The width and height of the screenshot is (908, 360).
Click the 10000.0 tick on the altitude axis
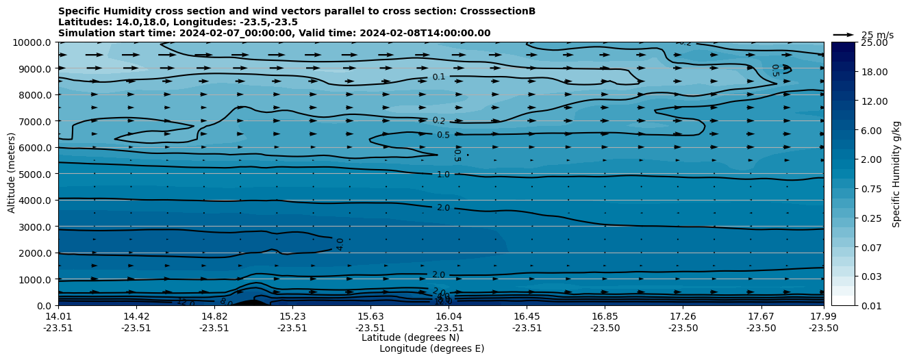tap(34, 42)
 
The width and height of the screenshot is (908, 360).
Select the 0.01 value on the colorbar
tap(871, 305)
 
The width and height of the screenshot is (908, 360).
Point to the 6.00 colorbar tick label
tap(871, 131)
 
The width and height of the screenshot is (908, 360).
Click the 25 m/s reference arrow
tap(844, 35)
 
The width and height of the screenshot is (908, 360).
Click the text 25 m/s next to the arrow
tap(877, 35)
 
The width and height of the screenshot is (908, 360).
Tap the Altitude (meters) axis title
tap(12, 174)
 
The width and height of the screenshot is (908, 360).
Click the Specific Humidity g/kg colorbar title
tap(896, 174)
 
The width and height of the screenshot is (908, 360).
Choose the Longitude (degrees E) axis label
tap(431, 348)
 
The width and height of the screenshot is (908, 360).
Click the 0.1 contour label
tap(439, 77)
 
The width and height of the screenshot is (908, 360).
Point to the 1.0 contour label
tap(443, 175)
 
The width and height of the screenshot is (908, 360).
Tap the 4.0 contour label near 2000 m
tap(340, 244)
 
